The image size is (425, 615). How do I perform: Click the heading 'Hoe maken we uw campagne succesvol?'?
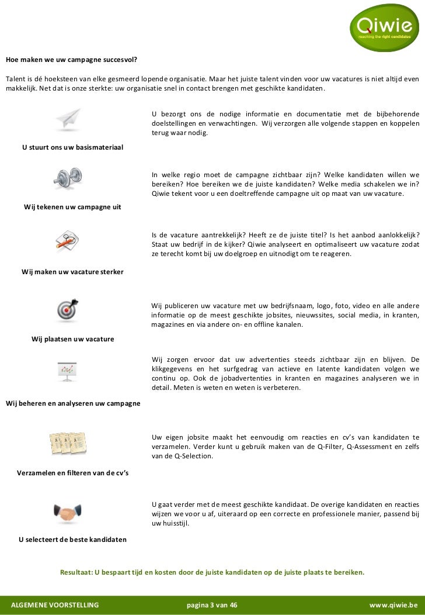point(72,60)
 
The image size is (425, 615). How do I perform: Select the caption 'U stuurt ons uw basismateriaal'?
point(72,147)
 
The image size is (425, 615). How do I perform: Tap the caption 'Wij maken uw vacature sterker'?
point(72,272)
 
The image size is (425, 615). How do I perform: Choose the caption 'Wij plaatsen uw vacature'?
point(72,339)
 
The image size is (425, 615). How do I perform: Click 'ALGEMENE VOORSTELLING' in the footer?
point(55,604)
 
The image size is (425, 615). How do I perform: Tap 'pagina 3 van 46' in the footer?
point(212,604)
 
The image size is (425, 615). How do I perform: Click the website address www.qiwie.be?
point(393,604)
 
